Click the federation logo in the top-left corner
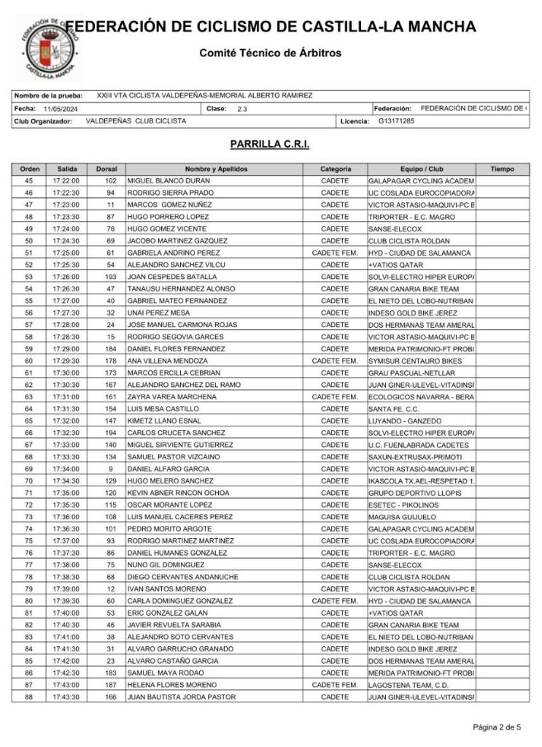[47, 45]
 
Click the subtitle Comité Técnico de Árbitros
[270, 53]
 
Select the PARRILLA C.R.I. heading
[270, 145]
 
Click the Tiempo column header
[502, 169]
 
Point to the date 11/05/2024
[60, 108]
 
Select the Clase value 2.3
[242, 108]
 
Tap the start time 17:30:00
[66, 372]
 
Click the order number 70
[29, 480]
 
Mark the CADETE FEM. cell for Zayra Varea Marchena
[335, 397]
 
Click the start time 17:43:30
[66, 697]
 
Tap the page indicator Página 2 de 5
[497, 727]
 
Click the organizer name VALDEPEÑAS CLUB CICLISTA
[136, 120]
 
